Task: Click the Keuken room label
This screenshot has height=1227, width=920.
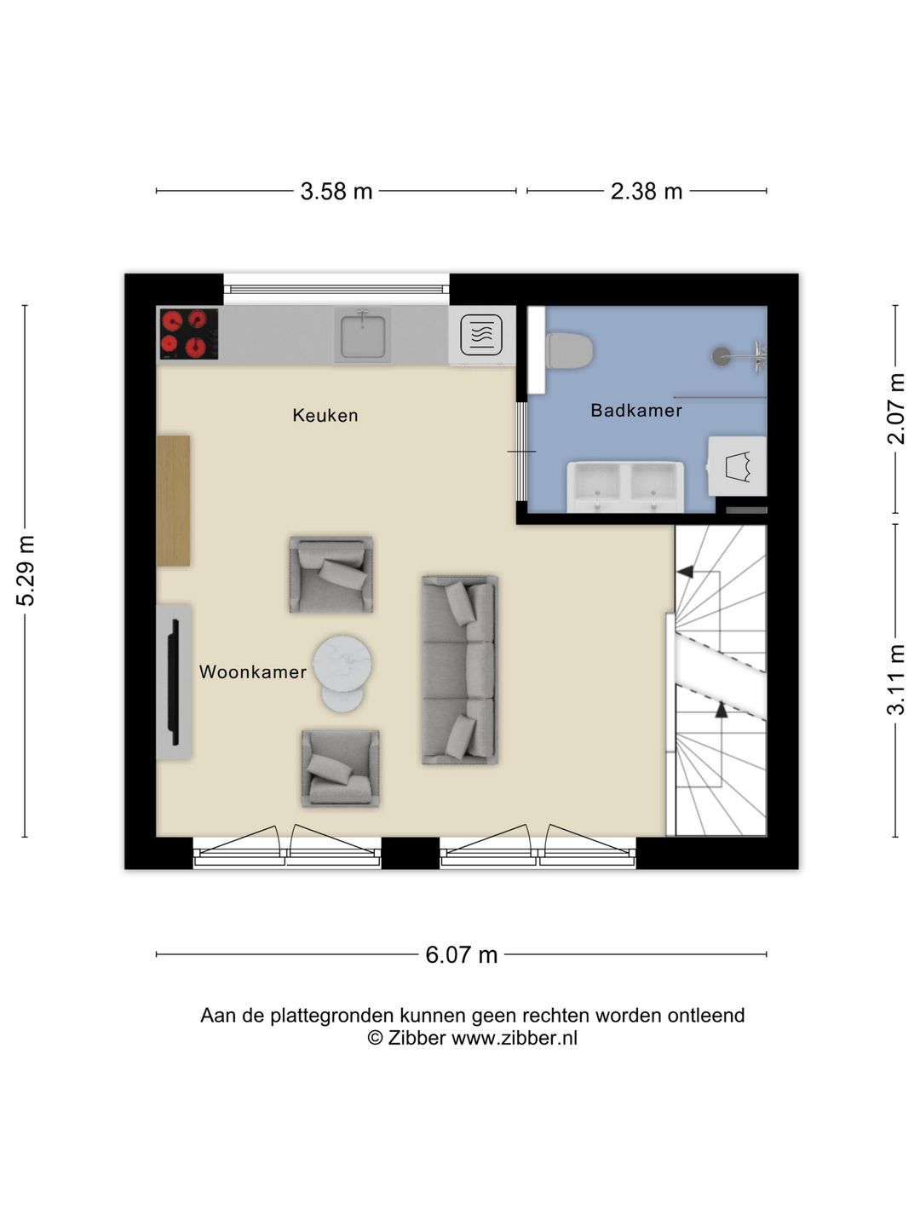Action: pyautogui.click(x=325, y=415)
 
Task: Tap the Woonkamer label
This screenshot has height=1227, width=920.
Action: pyautogui.click(x=253, y=672)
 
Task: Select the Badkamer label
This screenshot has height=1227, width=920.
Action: pyautogui.click(x=636, y=411)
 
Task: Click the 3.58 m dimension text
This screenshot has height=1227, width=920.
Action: pyautogui.click(x=336, y=191)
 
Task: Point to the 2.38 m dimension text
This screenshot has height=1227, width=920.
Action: pyautogui.click(x=647, y=191)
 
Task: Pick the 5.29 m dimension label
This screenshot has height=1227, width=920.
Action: pyautogui.click(x=26, y=570)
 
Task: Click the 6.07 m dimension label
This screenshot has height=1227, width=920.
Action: pyautogui.click(x=462, y=954)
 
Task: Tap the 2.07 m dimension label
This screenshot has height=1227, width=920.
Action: pyautogui.click(x=895, y=409)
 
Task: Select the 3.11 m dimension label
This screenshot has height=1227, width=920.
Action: pyautogui.click(x=895, y=680)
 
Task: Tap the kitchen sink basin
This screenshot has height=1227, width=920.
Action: pyautogui.click(x=363, y=337)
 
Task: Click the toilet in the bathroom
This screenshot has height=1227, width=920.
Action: pyautogui.click(x=569, y=350)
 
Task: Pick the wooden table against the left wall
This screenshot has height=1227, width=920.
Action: pyautogui.click(x=173, y=501)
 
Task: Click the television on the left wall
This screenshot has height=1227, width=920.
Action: pyautogui.click(x=175, y=682)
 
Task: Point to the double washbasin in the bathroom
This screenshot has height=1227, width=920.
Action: pyautogui.click(x=625, y=486)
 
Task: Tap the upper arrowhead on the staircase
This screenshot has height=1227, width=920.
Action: pyautogui.click(x=685, y=571)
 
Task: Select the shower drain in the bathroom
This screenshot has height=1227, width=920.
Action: pyautogui.click(x=722, y=355)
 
